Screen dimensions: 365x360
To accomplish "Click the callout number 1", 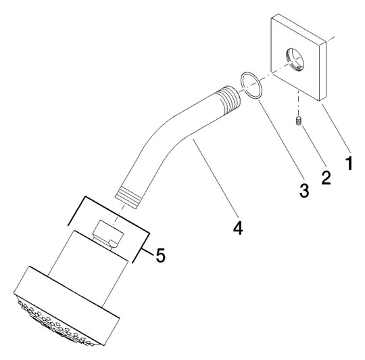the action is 349,163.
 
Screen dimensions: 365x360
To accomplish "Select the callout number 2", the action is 326,178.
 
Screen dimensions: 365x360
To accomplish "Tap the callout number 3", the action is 304,190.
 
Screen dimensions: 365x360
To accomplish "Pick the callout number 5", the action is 161,255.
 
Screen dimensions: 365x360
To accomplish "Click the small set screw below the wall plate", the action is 298,122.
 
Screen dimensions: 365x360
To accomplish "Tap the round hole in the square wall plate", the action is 295,59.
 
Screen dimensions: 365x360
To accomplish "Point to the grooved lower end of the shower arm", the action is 128,196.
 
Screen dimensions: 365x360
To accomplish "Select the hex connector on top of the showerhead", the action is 107,233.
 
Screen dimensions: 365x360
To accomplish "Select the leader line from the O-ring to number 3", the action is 281,137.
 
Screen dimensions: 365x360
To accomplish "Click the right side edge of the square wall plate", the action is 322,71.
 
